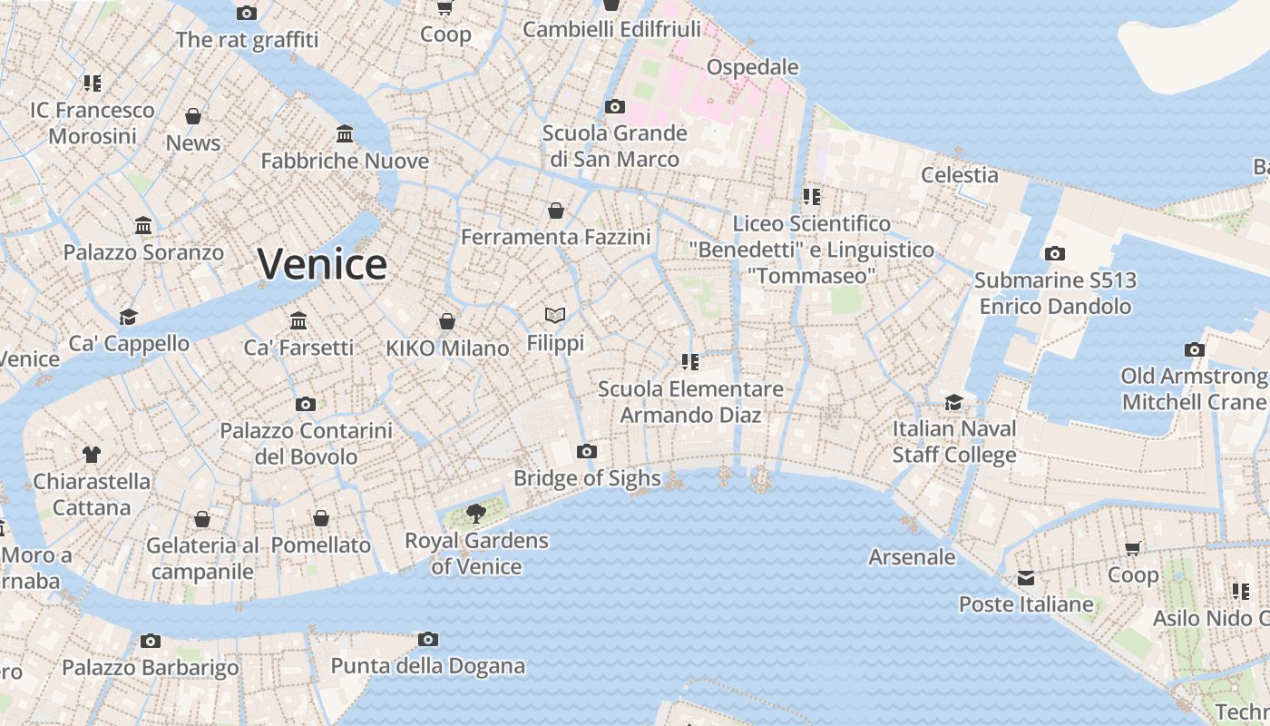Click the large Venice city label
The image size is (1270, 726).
coord(322,264)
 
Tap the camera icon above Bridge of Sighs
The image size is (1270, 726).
coord(587,451)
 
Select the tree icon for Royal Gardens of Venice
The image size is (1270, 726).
coord(475,514)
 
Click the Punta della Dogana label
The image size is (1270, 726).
coord(427,665)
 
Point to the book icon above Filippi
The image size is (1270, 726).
coord(555,315)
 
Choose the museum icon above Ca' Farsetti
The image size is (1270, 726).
coord(298,320)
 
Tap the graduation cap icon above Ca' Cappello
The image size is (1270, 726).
coord(129,317)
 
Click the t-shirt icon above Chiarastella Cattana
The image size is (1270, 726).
coord(91,454)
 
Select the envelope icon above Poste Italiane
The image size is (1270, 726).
coord(1026,578)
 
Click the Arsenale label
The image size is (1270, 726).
coord(912,556)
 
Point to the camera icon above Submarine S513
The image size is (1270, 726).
coord(1054,253)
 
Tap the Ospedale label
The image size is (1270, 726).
coord(752,66)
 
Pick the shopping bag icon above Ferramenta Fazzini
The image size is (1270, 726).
coord(556,211)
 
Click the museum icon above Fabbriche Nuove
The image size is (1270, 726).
coord(345,134)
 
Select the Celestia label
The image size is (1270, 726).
coord(959,174)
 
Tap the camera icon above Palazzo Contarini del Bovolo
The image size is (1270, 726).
coord(306,404)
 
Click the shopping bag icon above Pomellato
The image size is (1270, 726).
coord(321,518)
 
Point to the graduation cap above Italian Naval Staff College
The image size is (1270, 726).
coord(953,402)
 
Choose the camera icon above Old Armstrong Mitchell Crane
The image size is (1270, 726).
coord(1195,349)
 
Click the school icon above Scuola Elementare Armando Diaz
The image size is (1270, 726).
coord(690,362)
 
